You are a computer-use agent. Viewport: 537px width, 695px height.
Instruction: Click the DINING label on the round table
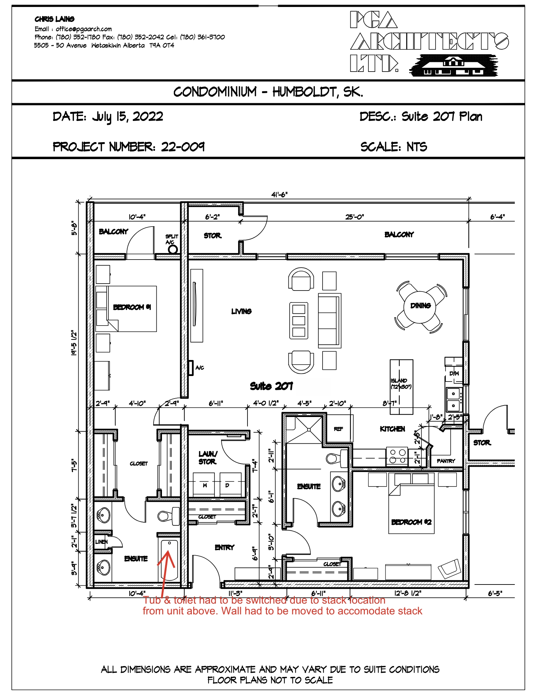tap(420, 306)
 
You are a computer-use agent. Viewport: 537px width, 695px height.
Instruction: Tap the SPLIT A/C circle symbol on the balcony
tap(173, 249)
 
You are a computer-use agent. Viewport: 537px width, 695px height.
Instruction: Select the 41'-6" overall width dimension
tap(279, 195)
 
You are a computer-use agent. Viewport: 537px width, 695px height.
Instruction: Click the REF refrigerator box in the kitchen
tap(339, 429)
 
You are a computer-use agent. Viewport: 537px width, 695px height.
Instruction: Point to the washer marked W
tap(205, 485)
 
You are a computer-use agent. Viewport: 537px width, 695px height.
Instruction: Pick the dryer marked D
tap(227, 485)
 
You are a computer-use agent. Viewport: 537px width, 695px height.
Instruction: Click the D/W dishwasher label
tap(454, 374)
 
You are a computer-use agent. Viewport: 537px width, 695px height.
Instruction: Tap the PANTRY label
tap(446, 461)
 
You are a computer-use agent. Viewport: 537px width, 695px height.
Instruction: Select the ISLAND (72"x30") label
tap(401, 384)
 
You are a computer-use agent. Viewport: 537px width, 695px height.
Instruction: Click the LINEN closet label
tap(101, 542)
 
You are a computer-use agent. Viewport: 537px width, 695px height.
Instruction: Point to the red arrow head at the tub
tap(169, 553)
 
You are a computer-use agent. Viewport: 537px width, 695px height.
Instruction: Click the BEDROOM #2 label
tap(411, 522)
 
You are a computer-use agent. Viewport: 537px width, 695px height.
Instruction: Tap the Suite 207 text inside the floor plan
tap(271, 386)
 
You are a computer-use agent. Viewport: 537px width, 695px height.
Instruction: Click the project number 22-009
tap(182, 147)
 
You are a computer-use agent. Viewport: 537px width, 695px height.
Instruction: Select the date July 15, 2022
tap(128, 116)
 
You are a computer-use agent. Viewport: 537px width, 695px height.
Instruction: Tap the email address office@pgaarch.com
tap(84, 29)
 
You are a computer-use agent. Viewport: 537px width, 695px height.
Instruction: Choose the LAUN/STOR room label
tap(208, 458)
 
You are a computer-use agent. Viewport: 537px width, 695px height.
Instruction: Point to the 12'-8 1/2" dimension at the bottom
tap(407, 593)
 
